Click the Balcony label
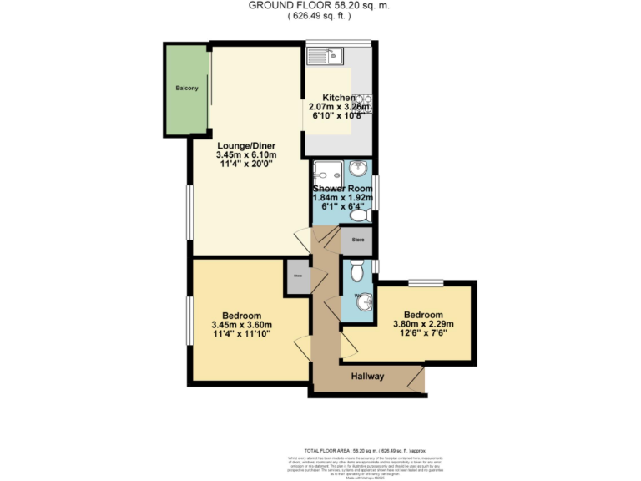(x=186, y=88)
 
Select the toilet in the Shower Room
(x=360, y=215)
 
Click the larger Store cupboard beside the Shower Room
(x=357, y=240)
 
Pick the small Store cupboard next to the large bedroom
(x=296, y=276)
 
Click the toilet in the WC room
(x=357, y=271)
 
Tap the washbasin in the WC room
(x=363, y=305)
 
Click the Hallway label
(x=367, y=377)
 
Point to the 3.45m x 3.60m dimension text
(x=242, y=325)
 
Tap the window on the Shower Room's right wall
(x=375, y=192)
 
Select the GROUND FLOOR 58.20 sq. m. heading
(x=320, y=5)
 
